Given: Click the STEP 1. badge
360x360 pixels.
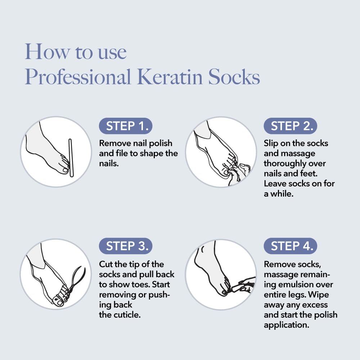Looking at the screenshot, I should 126,126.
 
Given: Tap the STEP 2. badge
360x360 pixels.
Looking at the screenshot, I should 291,126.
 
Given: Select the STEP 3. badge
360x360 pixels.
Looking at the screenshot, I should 126,246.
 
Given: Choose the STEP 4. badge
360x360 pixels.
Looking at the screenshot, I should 291,246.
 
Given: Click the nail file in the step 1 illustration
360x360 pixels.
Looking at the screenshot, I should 71,158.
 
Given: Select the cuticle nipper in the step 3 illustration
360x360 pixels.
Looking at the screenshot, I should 78,279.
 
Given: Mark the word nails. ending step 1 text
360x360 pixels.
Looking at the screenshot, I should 109,163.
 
